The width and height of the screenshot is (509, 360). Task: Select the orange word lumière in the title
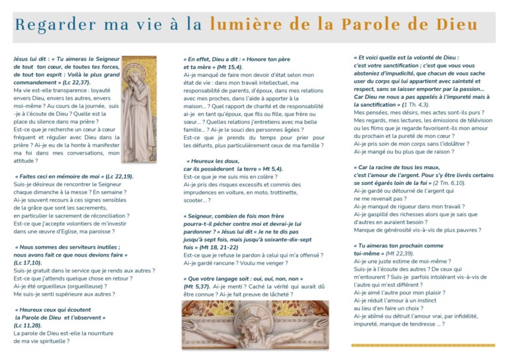pyautogui.click(x=239, y=25)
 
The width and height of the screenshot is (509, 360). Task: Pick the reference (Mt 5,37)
pyautogui.click(x=196, y=286)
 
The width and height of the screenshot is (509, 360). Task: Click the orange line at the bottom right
pyautogui.click(x=424, y=345)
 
